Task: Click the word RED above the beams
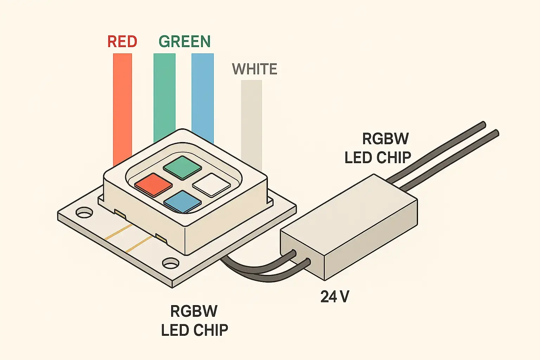point(122,41)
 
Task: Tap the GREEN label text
point(185,41)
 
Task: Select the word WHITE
point(255,69)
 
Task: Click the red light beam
point(122,105)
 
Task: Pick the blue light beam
point(202,95)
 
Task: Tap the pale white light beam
point(251,123)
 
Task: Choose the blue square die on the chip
point(182,201)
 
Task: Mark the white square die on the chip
point(212,184)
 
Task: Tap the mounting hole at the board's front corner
point(171,263)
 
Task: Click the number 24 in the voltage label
point(329,297)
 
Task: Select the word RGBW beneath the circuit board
point(194,311)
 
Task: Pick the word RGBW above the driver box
point(385,139)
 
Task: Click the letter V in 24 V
point(344,297)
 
